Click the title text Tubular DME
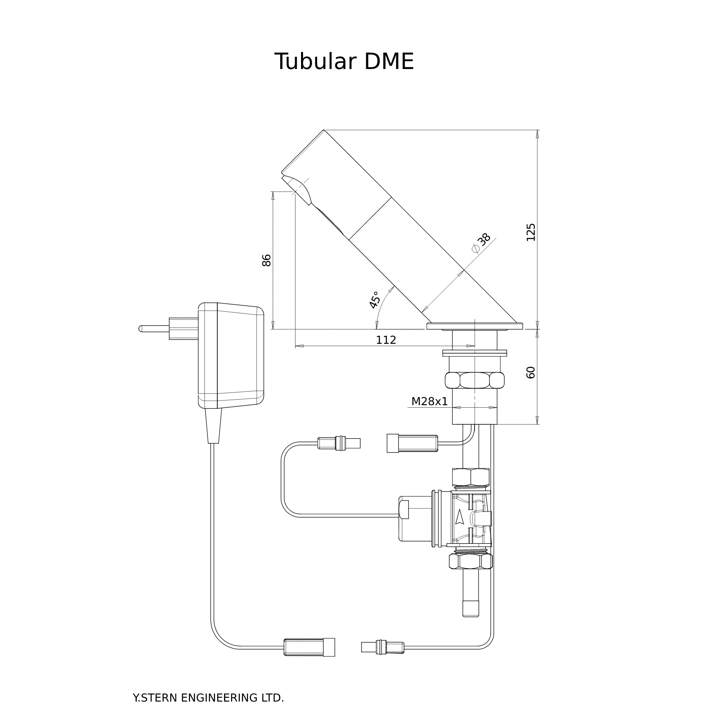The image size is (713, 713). coord(344,62)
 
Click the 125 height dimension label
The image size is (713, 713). coord(531,232)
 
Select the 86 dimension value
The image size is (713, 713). coord(266,260)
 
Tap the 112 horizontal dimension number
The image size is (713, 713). coord(386,340)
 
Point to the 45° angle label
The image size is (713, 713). coord(374,300)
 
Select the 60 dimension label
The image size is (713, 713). coord(531,372)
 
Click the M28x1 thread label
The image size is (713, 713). coord(429,401)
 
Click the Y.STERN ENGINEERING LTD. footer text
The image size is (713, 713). coord(208,698)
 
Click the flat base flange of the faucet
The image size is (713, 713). coord(474,326)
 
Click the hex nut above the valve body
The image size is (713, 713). coord(471,477)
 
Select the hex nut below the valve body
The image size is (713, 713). coord(471,561)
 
